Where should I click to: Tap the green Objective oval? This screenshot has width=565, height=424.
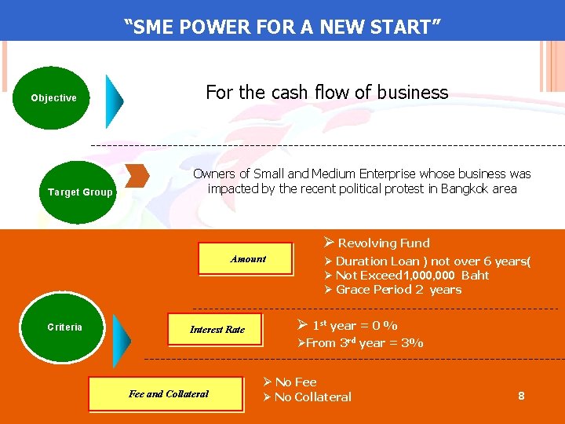[53, 98]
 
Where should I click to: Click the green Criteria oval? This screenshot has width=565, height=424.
[64, 327]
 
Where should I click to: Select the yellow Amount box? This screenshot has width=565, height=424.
[247, 259]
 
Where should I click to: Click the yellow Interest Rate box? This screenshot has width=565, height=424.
[217, 330]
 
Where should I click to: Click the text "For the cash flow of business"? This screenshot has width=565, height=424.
[326, 93]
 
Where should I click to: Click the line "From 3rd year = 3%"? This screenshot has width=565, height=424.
[360, 343]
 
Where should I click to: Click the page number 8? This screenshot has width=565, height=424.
[521, 397]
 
